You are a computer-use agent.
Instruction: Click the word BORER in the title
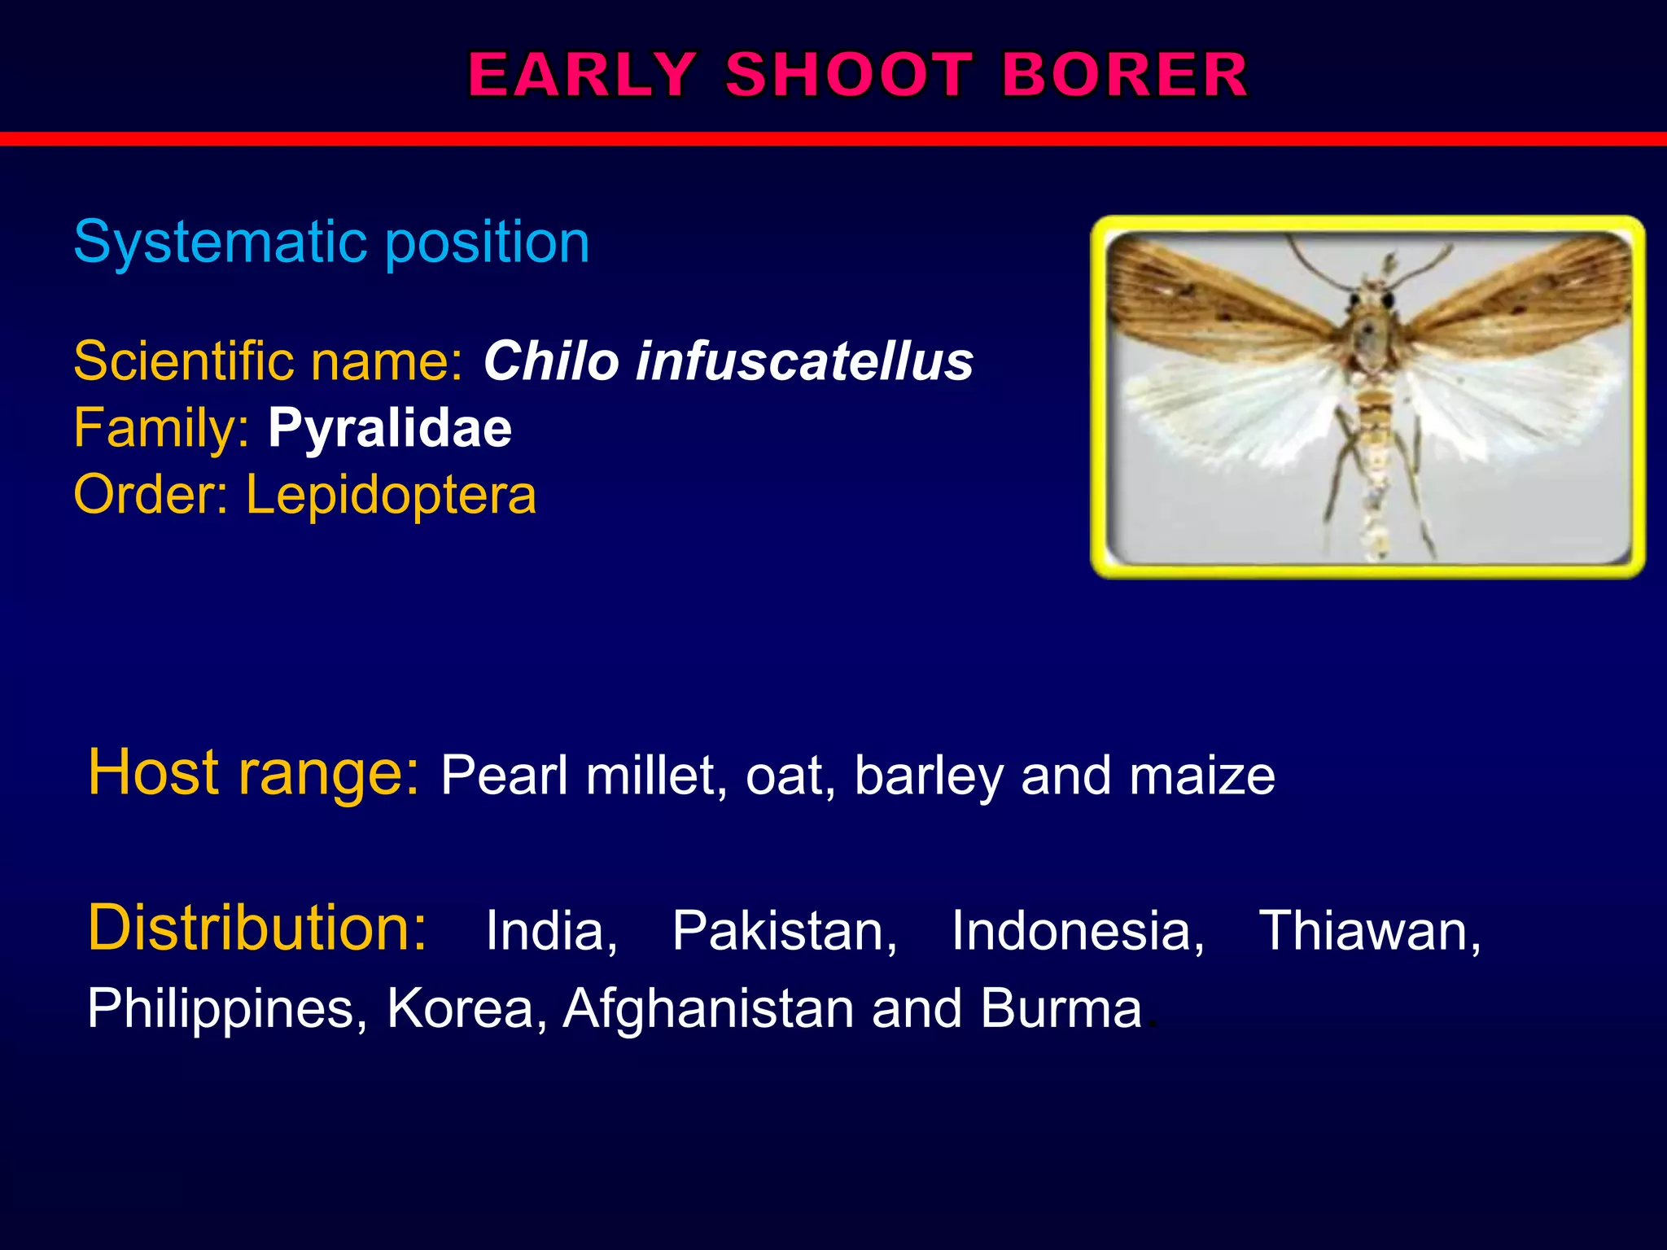click(x=1124, y=75)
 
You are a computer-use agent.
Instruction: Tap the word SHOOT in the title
click(x=848, y=75)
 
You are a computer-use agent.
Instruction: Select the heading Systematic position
click(x=331, y=242)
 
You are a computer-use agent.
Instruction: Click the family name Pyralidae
click(x=390, y=428)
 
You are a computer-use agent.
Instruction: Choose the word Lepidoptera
click(x=391, y=495)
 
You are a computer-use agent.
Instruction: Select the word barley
click(x=929, y=776)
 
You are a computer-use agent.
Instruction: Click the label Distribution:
click(x=257, y=928)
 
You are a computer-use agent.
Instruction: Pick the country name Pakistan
click(x=785, y=930)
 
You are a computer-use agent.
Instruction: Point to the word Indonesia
click(x=1078, y=930)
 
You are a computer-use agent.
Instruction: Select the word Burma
click(x=1061, y=1008)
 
